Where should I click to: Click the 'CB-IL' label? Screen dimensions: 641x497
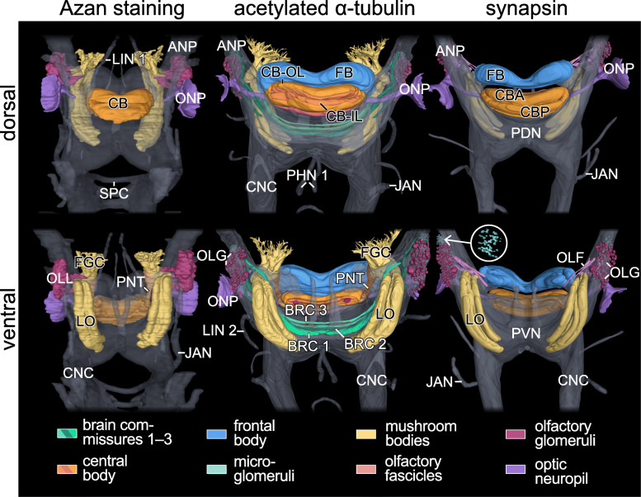point(341,116)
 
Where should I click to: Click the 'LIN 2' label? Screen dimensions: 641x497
point(221,330)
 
